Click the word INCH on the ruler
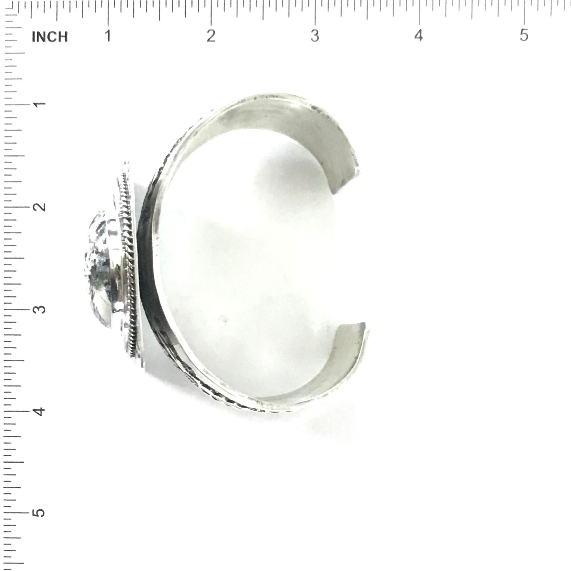point(50,37)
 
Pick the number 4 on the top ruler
point(419,35)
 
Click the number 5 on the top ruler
point(524,35)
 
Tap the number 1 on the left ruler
point(40,103)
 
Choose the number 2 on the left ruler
point(40,206)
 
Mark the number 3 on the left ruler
point(40,309)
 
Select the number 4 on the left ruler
point(40,412)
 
